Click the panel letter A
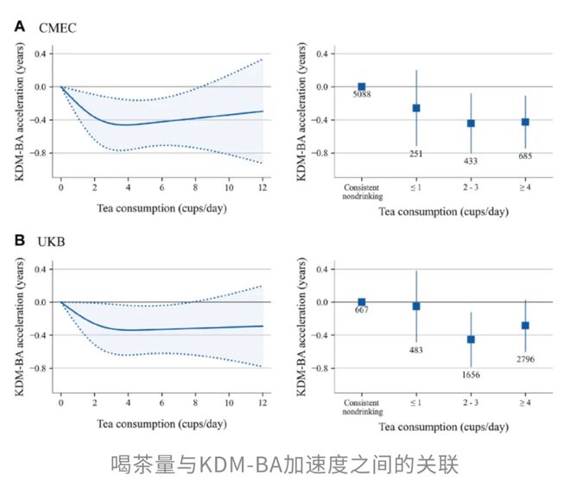(x=19, y=26)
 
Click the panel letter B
(x=19, y=241)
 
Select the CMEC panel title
(x=58, y=28)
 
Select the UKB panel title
(x=54, y=243)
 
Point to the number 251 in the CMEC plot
(x=415, y=154)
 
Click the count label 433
(x=471, y=161)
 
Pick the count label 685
(x=525, y=155)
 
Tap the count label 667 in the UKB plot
(x=362, y=310)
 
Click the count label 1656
(x=471, y=376)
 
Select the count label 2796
(x=525, y=358)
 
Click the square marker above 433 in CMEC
(x=471, y=124)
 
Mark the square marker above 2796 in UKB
(x=525, y=326)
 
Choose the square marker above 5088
(x=361, y=86)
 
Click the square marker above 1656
(x=471, y=339)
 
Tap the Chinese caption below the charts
(x=284, y=463)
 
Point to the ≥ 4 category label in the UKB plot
(x=525, y=403)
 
